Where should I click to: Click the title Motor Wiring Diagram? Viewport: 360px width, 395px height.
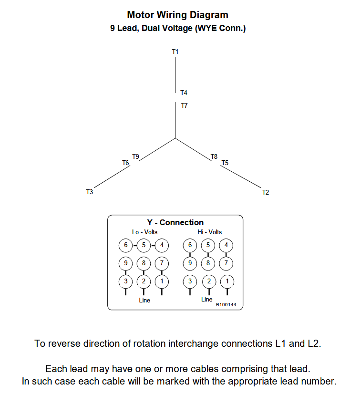click(x=177, y=15)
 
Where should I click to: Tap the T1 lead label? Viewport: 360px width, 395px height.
click(x=175, y=51)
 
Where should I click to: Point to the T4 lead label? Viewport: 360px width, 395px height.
click(x=184, y=93)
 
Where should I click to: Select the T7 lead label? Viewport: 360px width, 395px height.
click(x=184, y=105)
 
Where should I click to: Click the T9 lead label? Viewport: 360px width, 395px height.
click(x=136, y=156)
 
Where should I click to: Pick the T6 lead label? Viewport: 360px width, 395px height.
click(x=126, y=163)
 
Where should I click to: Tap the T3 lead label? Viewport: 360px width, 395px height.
click(x=89, y=192)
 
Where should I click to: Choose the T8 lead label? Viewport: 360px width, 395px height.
click(x=214, y=156)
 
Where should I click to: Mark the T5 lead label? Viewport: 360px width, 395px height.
click(x=225, y=163)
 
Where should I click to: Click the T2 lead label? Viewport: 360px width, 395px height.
click(x=266, y=192)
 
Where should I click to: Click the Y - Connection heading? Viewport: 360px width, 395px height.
click(x=175, y=223)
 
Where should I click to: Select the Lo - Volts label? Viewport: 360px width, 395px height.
click(x=145, y=232)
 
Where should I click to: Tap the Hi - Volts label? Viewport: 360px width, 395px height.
click(x=210, y=232)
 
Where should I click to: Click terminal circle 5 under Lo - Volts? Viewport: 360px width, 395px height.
click(x=144, y=246)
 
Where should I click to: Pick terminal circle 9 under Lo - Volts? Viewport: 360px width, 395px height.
click(x=126, y=263)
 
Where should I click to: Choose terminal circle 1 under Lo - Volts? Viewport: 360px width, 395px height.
click(x=162, y=281)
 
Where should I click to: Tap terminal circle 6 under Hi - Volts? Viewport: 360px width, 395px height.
click(x=190, y=246)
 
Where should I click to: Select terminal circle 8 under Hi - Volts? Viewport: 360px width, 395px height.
click(x=208, y=263)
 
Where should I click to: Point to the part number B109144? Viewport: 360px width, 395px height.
click(x=226, y=304)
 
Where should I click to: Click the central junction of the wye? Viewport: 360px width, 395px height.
click(x=175, y=139)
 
